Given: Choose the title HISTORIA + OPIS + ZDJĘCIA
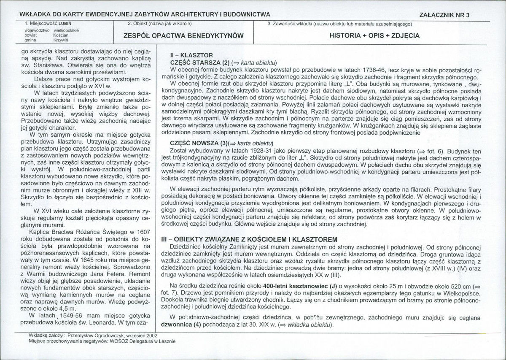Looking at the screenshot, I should click(374, 35).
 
